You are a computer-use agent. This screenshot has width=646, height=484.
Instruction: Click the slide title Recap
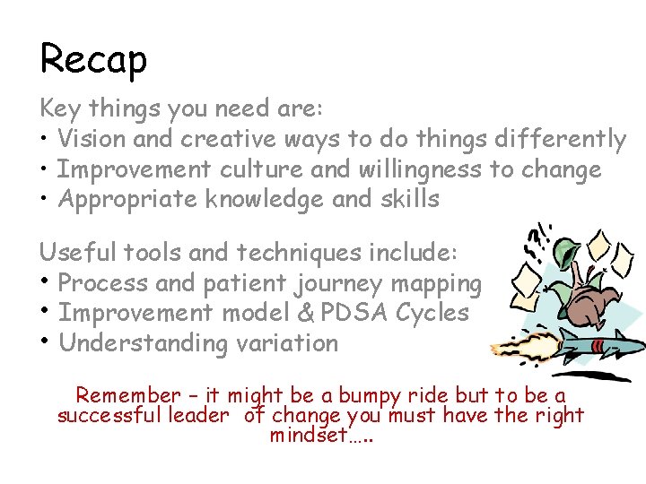93,60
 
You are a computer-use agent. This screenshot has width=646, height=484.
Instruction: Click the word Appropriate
127,199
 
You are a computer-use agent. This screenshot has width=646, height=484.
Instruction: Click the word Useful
71,254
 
